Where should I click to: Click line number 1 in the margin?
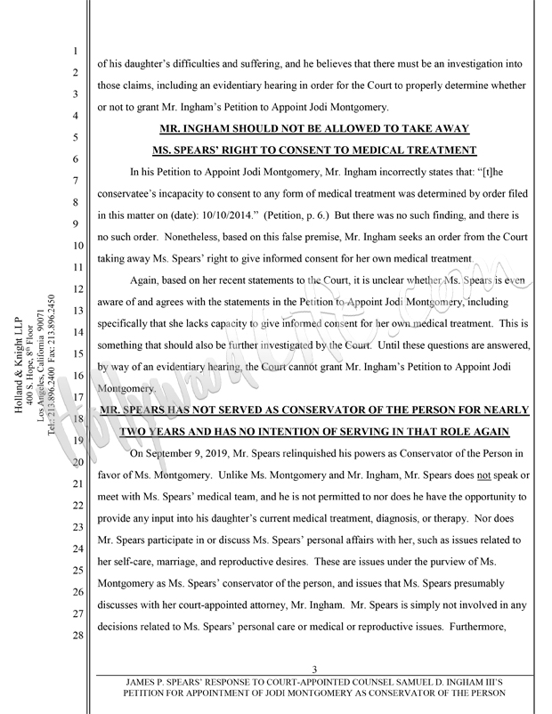pyautogui.click(x=77, y=52)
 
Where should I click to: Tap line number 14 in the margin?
pyautogui.click(x=77, y=331)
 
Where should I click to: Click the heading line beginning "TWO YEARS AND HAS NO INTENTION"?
pyautogui.click(x=315, y=431)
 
